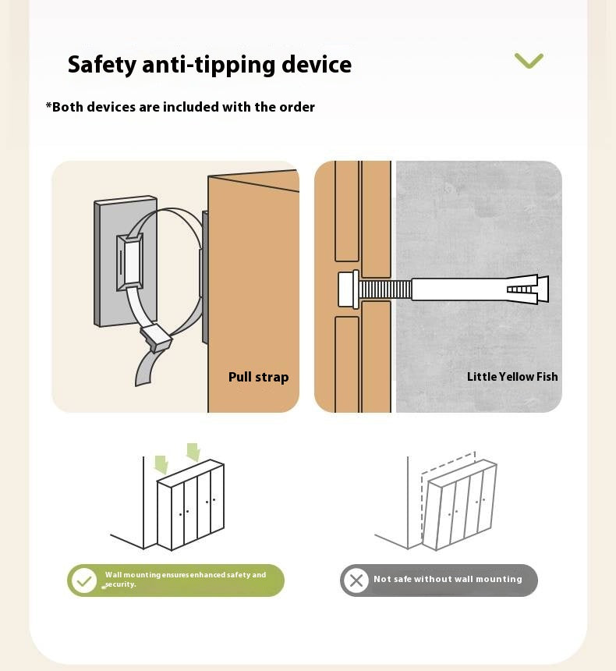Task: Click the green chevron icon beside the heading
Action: (529, 60)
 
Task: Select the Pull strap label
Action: (258, 377)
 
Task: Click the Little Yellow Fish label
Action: (512, 377)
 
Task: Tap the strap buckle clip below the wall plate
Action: (155, 337)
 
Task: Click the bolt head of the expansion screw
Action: (349, 289)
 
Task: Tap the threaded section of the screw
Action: (385, 289)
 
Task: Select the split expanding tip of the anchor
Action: (527, 289)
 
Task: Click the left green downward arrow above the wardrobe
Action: (161, 464)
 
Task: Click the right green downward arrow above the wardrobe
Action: (193, 452)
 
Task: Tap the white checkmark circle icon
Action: (84, 580)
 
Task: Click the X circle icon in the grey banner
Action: (356, 580)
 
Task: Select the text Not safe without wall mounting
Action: (448, 579)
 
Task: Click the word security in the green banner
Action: (120, 584)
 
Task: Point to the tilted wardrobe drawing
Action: (460, 505)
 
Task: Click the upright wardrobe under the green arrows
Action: (191, 505)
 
